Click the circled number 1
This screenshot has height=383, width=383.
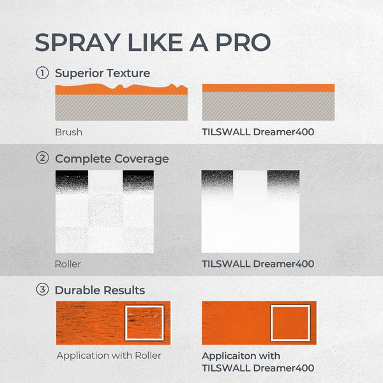(43, 73)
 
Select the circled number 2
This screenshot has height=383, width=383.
(43, 158)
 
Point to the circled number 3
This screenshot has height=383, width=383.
(43, 290)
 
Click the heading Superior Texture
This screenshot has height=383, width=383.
(102, 73)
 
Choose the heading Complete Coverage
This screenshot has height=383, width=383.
(112, 158)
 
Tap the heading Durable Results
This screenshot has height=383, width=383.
(100, 290)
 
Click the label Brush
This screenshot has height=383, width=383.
(68, 132)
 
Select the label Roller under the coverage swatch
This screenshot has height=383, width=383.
(68, 263)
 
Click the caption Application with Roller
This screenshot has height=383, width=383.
(109, 356)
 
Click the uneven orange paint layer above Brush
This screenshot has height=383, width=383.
(121, 89)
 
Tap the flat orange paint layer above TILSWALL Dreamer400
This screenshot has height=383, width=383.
(268, 87)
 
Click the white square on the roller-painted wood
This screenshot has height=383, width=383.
(145, 324)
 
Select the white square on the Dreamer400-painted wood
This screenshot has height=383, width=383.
(290, 324)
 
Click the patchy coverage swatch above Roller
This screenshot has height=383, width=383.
(105, 211)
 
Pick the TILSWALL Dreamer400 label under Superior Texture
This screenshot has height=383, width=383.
(258, 132)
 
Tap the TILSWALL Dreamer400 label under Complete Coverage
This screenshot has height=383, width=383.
(258, 263)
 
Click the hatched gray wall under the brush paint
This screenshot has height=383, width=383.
(121, 107)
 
